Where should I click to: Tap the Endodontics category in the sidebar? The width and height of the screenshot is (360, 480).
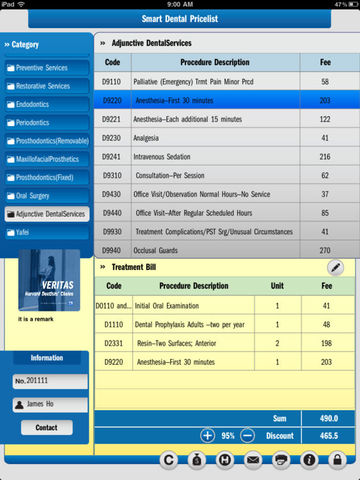tap(48, 104)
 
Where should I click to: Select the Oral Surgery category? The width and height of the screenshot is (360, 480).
tap(48, 195)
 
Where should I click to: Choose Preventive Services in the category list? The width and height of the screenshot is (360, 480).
tap(48, 68)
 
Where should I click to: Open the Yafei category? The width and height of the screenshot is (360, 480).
tap(48, 231)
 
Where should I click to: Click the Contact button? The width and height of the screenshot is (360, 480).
tap(46, 427)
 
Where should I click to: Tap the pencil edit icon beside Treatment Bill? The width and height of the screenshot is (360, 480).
tap(335, 267)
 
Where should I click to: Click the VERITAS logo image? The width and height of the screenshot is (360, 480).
tap(46, 280)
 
